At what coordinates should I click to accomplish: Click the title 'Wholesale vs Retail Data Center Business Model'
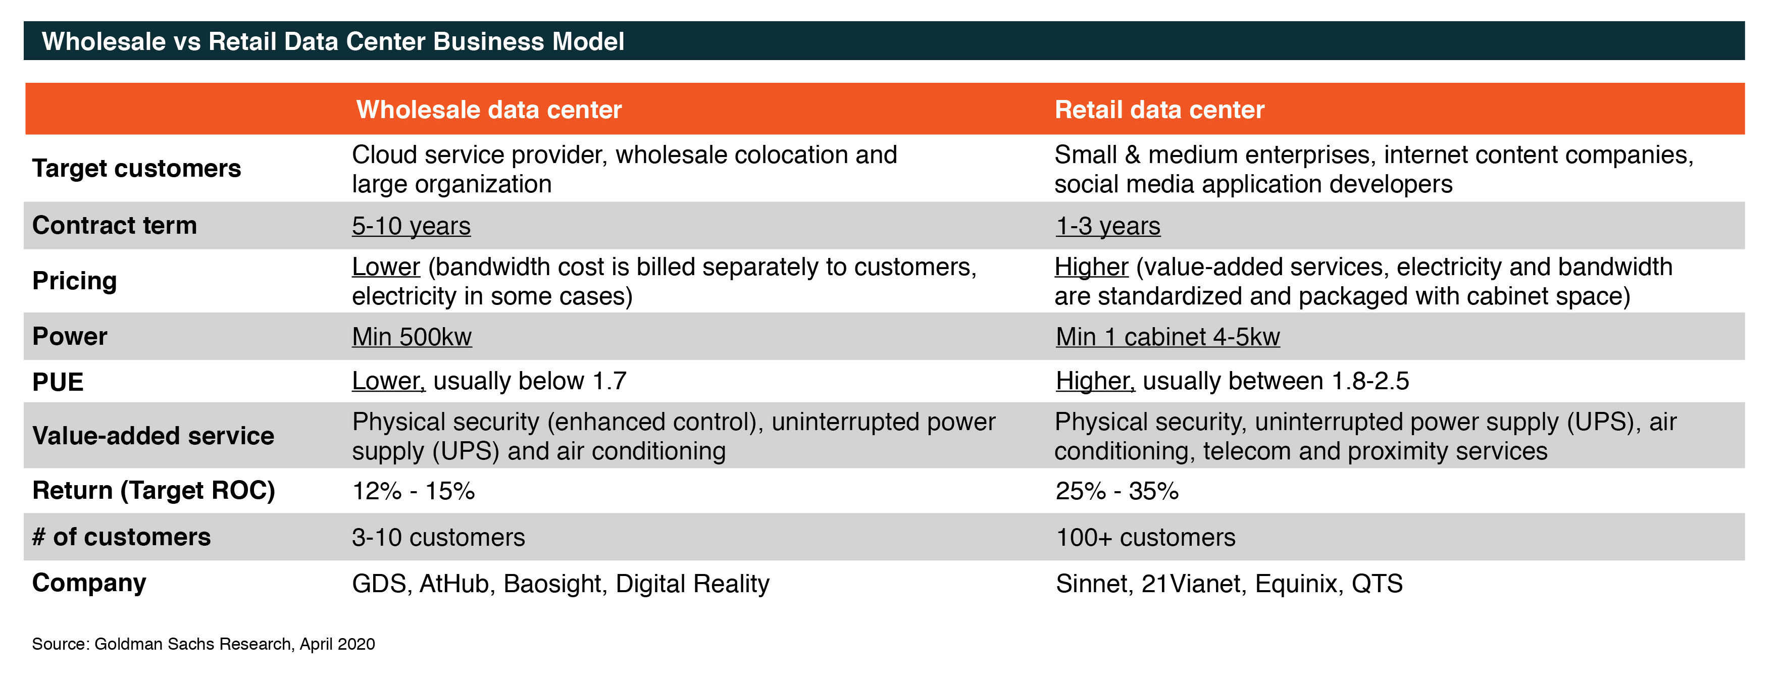point(333,41)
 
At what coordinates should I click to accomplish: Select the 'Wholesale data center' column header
point(489,110)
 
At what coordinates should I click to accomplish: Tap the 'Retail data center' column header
point(1159,110)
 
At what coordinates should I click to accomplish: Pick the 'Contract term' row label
point(115,226)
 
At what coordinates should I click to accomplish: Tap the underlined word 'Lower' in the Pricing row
point(386,267)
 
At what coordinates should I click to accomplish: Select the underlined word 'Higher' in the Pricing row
point(1091,267)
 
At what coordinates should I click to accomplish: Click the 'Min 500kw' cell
point(412,337)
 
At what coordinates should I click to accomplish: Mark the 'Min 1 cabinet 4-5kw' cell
point(1168,337)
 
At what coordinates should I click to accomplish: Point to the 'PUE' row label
point(58,382)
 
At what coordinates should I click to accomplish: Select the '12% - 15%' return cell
point(414,491)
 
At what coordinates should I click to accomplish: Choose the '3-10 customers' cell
point(438,537)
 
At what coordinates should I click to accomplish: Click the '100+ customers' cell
point(1146,537)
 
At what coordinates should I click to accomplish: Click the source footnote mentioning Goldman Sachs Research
point(204,644)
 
